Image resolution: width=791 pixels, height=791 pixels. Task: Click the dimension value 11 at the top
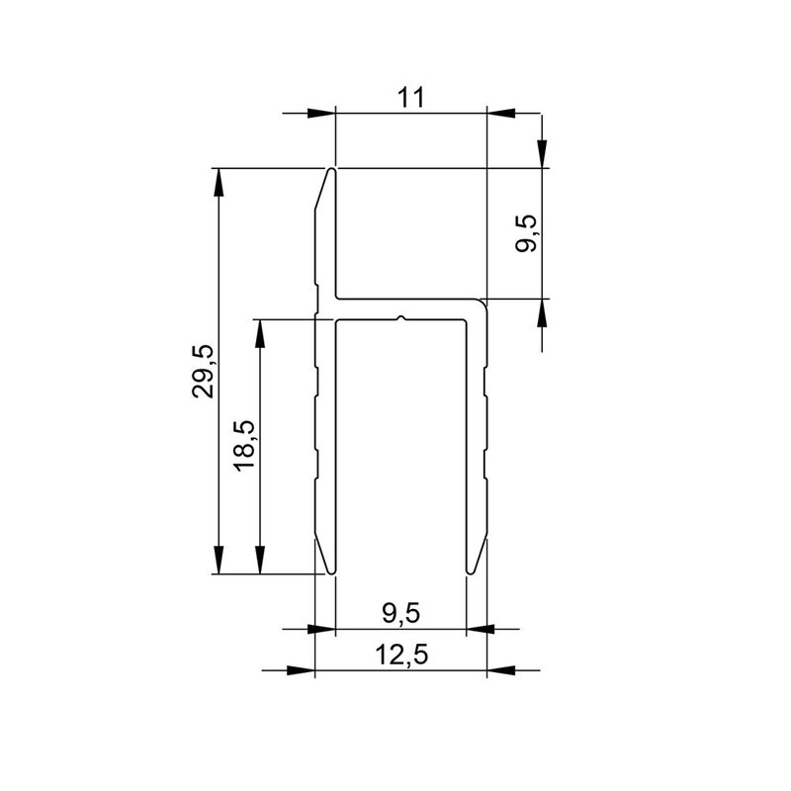[x=412, y=97]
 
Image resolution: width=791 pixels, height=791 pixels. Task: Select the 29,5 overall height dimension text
[x=205, y=372]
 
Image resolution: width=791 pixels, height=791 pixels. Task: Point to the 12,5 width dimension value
[x=400, y=654]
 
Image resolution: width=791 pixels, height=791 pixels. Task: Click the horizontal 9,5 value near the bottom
[x=400, y=613]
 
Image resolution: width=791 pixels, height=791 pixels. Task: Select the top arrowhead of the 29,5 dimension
[x=219, y=182]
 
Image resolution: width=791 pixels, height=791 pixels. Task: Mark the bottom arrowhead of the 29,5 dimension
[x=219, y=561]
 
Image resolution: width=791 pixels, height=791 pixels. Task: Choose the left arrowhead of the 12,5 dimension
[x=301, y=670]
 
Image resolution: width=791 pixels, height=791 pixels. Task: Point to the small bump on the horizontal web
[x=399, y=317]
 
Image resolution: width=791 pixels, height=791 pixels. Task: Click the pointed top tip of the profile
[x=331, y=170]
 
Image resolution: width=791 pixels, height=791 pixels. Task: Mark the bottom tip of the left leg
[x=329, y=571]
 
